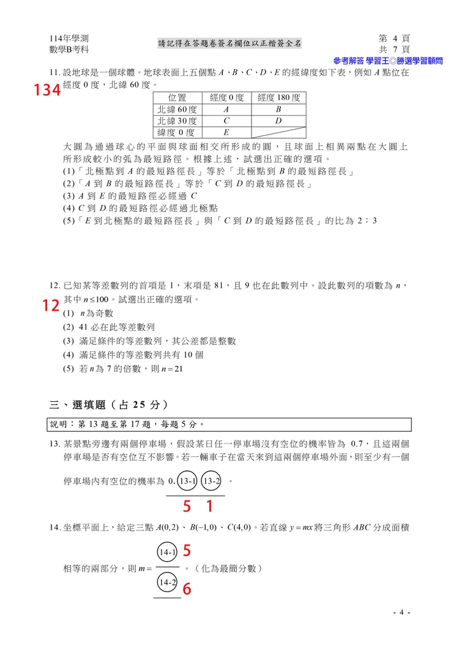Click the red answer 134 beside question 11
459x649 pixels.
[47, 91]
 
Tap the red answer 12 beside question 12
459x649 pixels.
[51, 306]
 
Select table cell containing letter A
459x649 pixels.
[226, 109]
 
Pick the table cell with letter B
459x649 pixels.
[278, 109]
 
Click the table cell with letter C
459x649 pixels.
[226, 121]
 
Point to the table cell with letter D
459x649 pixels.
[278, 121]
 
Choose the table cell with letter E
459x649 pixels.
[226, 132]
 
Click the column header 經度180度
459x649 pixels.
[278, 98]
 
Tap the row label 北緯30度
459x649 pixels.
[177, 121]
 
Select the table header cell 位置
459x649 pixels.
[177, 98]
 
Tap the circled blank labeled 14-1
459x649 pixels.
[167, 553]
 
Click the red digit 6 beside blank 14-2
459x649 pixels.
[187, 588]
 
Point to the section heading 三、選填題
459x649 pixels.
[108, 404]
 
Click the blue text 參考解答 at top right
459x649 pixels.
[349, 61]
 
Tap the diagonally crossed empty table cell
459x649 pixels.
[278, 132]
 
